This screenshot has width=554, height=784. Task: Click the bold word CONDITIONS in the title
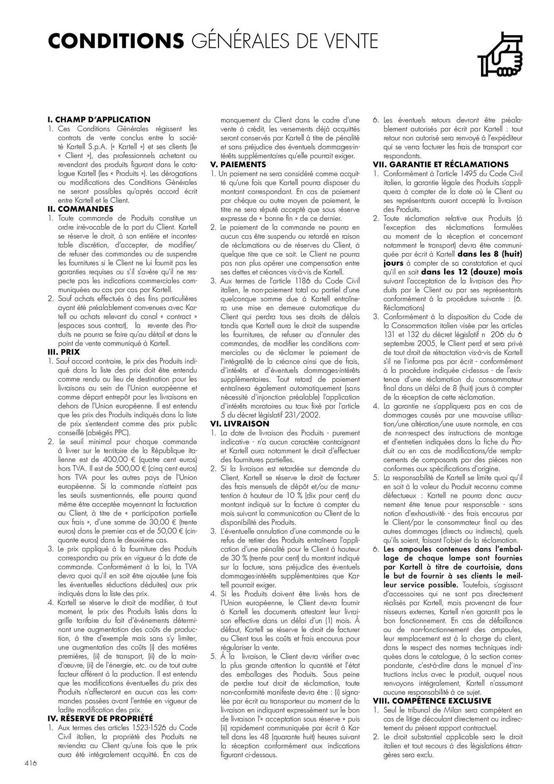click(x=116, y=42)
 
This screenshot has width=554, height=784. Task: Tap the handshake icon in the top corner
click(x=500, y=55)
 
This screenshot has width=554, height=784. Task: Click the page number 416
click(x=31, y=763)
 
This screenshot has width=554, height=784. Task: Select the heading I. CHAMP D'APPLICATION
click(x=99, y=120)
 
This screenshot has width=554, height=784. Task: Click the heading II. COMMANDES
click(x=80, y=209)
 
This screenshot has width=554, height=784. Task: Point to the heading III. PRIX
click(x=63, y=352)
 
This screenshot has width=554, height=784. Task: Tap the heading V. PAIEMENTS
click(x=238, y=165)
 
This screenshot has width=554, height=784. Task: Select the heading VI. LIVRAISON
click(x=239, y=424)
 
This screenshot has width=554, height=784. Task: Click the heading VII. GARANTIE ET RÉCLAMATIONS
click(x=440, y=165)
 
